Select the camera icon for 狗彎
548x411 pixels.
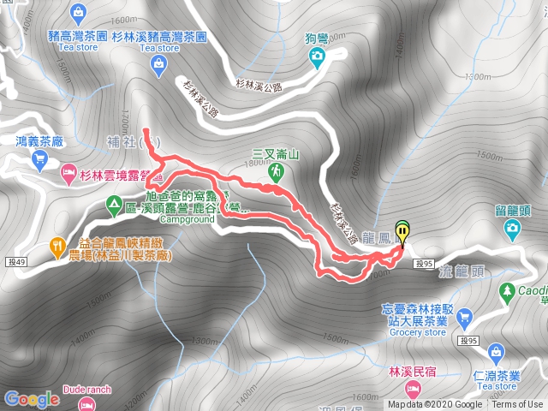[x=318, y=57]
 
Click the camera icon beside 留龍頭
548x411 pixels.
[x=513, y=227]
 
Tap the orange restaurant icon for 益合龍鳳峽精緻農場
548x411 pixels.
[x=57, y=244]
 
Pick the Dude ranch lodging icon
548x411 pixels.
[x=85, y=403]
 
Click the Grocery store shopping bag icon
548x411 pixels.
[x=464, y=316]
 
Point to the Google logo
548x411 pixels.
[x=31, y=398]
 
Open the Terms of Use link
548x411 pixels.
[x=517, y=405]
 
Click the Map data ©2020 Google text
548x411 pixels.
[x=434, y=405]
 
